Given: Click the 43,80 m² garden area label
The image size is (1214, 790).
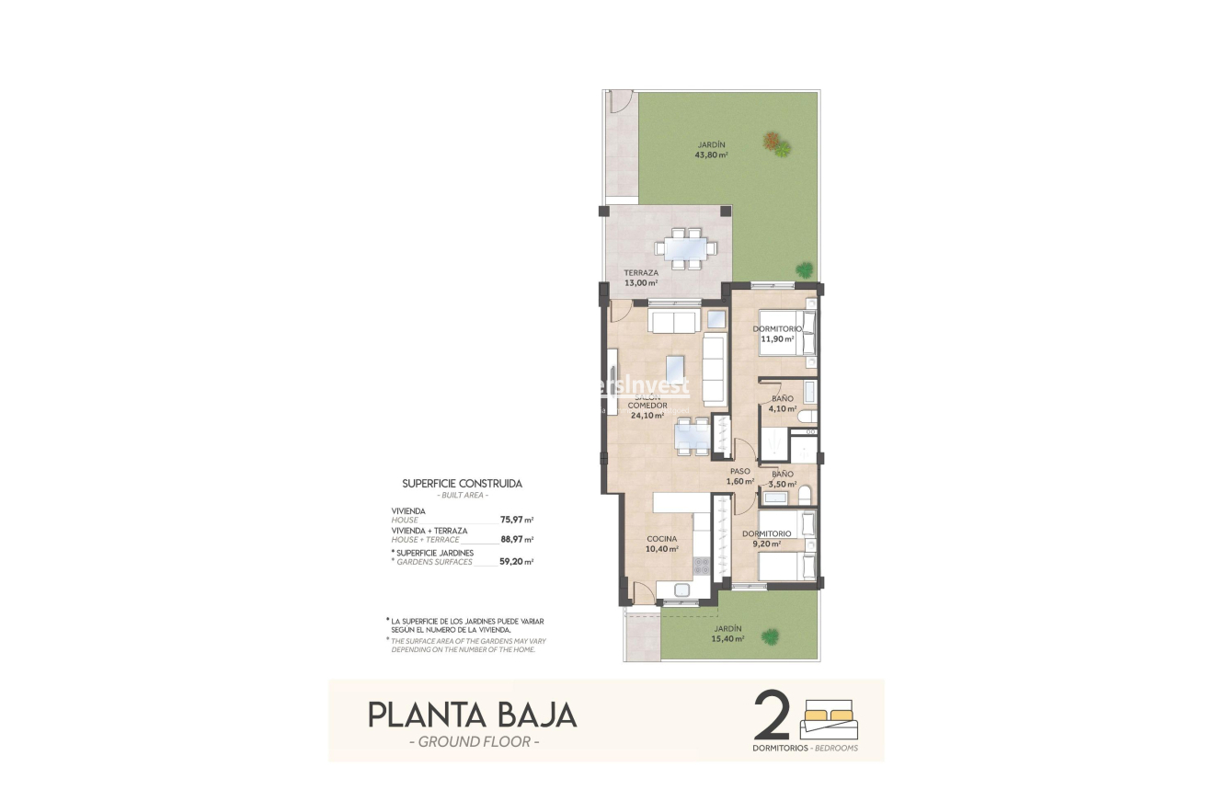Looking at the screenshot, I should [712, 150].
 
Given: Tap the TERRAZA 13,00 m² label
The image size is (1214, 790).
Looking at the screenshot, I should [641, 278].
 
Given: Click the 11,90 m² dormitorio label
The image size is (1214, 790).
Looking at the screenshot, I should [777, 334].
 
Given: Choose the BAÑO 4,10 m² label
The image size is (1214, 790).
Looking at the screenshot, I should [784, 404].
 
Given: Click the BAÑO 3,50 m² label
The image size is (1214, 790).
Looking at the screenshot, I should [784, 479].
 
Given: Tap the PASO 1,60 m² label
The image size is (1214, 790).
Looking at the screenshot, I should [740, 476].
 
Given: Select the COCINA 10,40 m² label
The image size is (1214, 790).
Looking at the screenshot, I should [661, 544].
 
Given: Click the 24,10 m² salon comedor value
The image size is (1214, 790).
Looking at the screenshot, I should [647, 415].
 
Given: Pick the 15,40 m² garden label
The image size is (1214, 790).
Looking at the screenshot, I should [727, 635].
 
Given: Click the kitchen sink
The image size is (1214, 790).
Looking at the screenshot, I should [683, 590].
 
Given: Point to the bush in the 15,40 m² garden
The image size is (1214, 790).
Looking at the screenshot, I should [770, 635].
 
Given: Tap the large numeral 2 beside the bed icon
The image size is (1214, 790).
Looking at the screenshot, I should [773, 716].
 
